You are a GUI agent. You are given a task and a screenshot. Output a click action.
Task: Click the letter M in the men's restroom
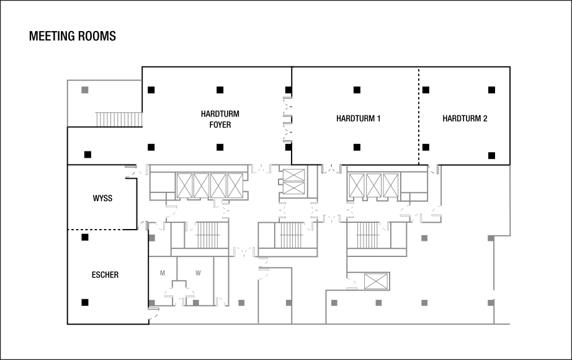pos(163,273)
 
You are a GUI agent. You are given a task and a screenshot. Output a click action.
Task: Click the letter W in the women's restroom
pos(198,273)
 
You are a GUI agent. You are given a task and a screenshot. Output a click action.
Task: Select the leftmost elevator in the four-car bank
pos(185,186)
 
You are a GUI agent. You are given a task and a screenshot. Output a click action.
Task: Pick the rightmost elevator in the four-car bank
pos(235,186)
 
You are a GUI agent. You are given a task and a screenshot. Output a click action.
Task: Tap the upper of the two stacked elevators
pos(293,176)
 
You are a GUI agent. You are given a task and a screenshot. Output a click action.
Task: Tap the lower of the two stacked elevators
pos(293,188)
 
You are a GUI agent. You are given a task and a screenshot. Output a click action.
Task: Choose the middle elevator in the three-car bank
pos(373,185)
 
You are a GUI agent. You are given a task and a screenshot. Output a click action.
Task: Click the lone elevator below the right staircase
pos(375,281)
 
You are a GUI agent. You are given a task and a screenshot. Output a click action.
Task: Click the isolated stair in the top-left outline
pos(119,119)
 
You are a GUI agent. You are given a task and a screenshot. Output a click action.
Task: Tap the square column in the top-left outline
pos(85,90)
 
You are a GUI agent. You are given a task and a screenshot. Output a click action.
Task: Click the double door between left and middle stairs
pos(244,252)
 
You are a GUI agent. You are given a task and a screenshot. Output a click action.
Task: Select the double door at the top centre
pos(261,169)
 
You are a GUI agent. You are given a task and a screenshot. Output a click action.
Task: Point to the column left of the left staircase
pos(152,238)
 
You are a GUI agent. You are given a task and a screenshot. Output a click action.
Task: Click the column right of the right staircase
pos(424,238)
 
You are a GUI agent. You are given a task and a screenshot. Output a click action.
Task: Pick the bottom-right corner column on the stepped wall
pos(491,303)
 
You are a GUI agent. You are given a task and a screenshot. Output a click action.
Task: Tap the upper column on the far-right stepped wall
pos(491,238)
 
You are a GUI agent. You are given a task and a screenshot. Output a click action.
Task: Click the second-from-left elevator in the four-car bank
pos(202,186)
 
